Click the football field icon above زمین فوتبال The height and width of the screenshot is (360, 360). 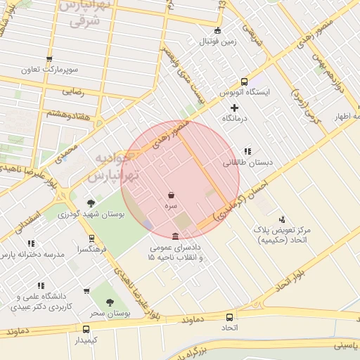217,30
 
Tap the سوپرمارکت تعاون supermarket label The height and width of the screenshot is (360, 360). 49,70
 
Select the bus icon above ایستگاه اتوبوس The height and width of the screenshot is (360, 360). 244,81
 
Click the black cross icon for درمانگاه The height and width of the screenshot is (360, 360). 235,108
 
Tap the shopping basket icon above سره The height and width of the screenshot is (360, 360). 172,195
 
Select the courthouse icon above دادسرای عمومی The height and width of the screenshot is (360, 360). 175,236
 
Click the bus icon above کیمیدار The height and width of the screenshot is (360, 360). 86,328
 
